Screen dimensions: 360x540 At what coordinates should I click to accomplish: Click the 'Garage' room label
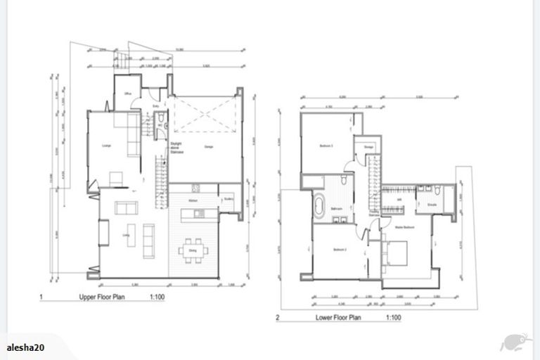pyautogui.click(x=208, y=146)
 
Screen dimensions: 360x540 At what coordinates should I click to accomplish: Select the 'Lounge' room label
pyautogui.click(x=107, y=146)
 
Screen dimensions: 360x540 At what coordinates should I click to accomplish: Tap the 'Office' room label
pyautogui.click(x=129, y=94)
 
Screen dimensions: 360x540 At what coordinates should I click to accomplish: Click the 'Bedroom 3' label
pyautogui.click(x=326, y=146)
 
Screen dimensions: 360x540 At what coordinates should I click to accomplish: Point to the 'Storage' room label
pyautogui.click(x=368, y=146)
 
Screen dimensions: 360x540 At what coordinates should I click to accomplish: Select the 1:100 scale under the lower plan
pyautogui.click(x=393, y=318)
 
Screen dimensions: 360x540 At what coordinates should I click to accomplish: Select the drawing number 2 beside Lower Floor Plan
pyautogui.click(x=278, y=318)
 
